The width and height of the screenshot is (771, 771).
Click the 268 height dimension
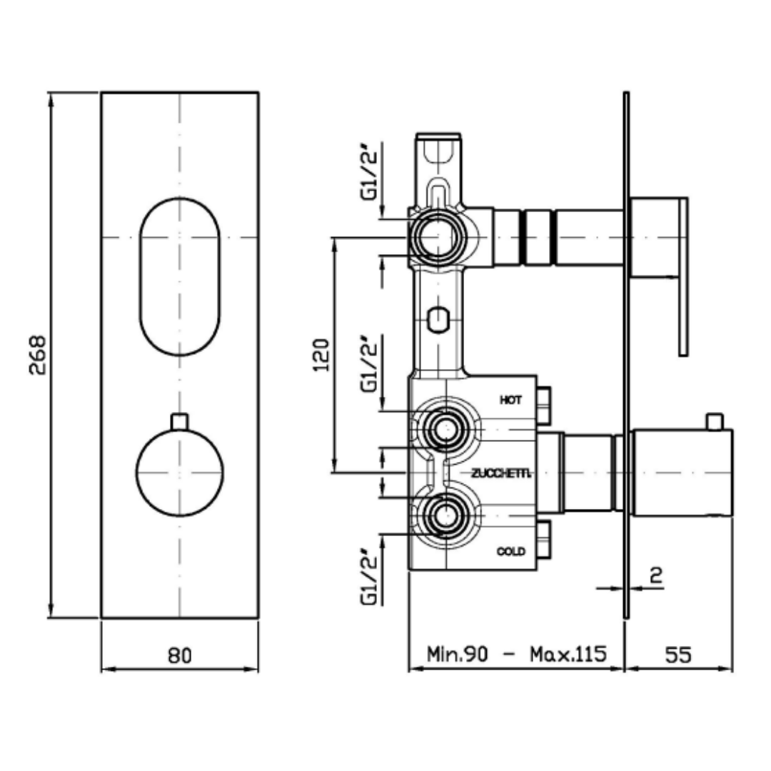pos(37,355)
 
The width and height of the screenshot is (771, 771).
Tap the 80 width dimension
pos(179,655)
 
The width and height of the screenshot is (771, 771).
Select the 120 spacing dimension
pos(321,355)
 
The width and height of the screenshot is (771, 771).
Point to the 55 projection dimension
pos(678,655)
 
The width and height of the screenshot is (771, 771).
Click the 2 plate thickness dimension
pos(656,575)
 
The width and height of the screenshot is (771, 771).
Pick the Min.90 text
pos(458,655)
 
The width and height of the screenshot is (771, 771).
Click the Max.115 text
pos(568,655)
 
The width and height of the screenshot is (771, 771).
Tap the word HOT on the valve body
pos(511,400)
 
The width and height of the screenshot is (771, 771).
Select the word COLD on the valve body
pos(511,551)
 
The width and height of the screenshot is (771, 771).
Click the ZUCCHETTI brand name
pos(501,473)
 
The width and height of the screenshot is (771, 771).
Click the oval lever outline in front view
pos(180,198)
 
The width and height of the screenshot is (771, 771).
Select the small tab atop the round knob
pos(179,422)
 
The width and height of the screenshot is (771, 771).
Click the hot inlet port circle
pos(445,430)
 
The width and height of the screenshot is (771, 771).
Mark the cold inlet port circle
pos(445,516)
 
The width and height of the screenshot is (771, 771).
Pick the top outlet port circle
pos(437,237)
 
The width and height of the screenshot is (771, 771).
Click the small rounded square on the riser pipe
pos(438,320)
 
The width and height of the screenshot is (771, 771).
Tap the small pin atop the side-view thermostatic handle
pos(715,421)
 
